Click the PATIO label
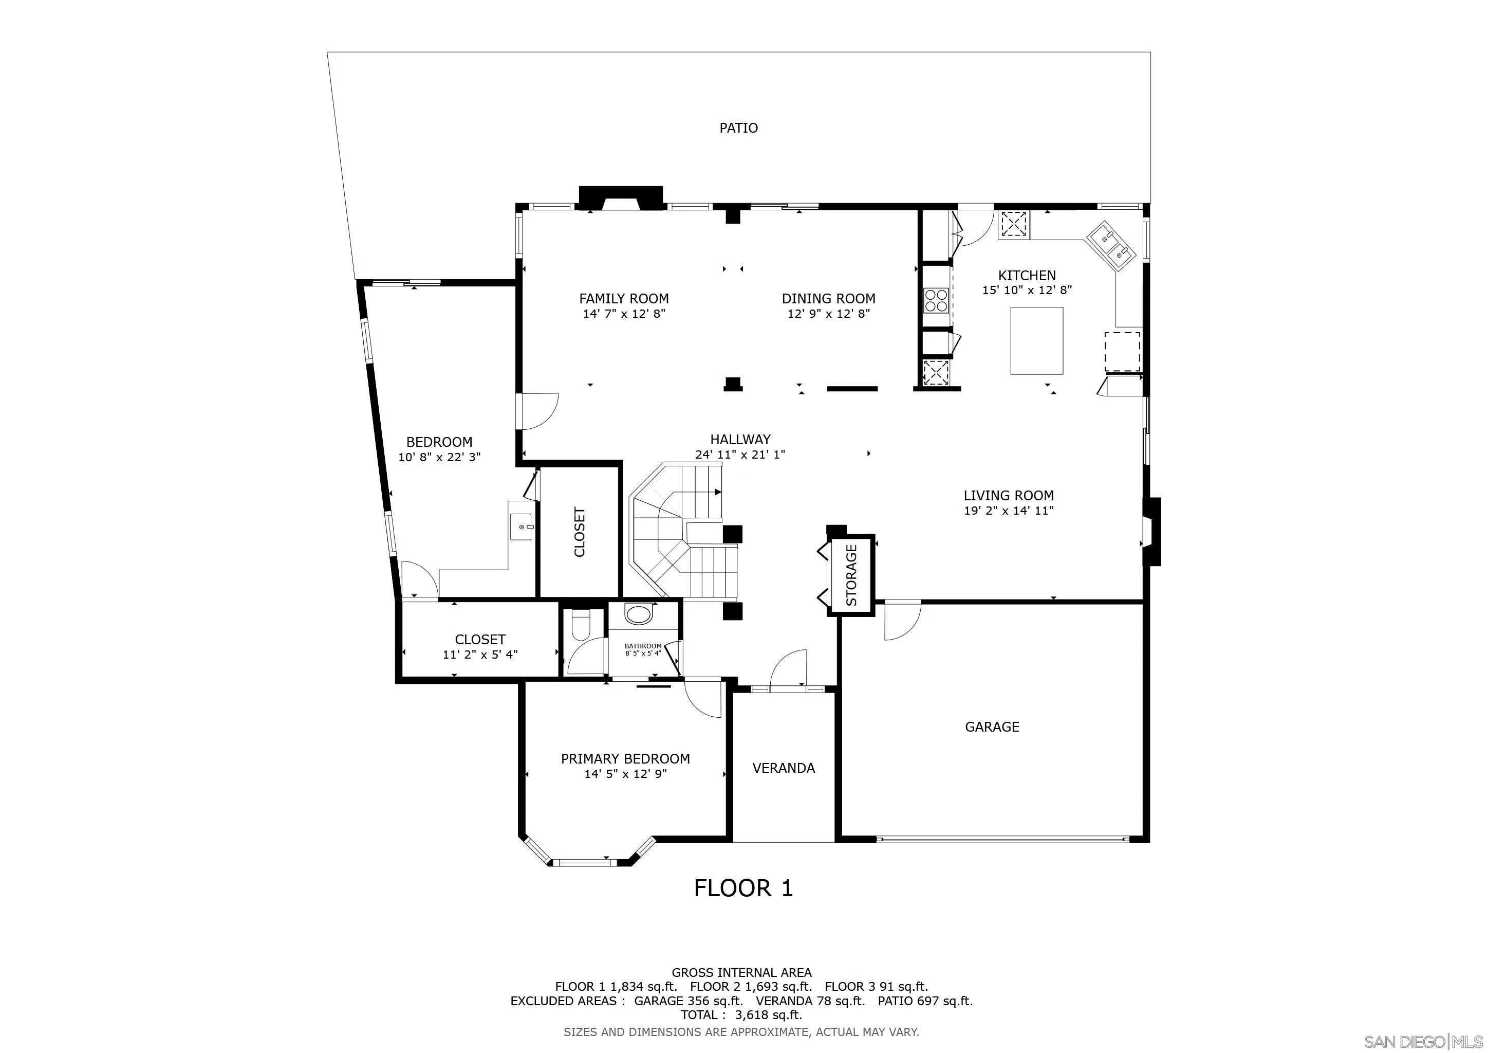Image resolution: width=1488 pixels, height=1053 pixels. (x=738, y=128)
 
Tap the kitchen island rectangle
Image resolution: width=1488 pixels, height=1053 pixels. (x=1036, y=340)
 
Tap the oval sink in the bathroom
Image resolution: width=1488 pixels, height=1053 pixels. (x=639, y=614)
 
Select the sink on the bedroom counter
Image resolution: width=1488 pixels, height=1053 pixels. (x=521, y=526)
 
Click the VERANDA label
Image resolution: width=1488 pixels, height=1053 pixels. (x=784, y=768)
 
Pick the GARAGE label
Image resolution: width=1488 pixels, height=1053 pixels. (x=992, y=727)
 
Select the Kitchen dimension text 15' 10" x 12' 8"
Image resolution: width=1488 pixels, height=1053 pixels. (x=1027, y=291)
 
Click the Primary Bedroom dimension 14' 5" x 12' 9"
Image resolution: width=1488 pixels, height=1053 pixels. (x=625, y=773)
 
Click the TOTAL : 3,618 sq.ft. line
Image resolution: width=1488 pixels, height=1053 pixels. (x=741, y=1015)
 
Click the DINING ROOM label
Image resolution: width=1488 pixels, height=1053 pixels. (x=828, y=299)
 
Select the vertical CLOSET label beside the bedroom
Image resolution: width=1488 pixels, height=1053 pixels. (x=580, y=532)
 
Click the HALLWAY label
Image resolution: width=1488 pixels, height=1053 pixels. (x=740, y=440)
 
